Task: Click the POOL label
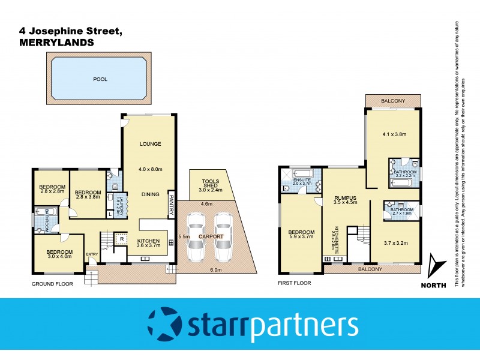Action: (99, 79)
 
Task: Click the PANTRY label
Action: (171, 206)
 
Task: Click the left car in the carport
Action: (194, 238)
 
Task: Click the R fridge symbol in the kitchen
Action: (122, 238)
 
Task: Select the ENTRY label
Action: (92, 254)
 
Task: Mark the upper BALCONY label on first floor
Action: (393, 100)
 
